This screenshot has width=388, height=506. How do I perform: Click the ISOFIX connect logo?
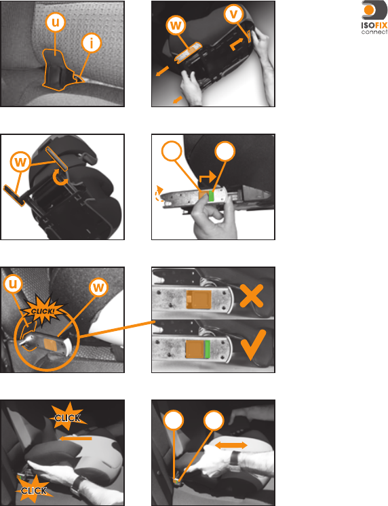[374, 18]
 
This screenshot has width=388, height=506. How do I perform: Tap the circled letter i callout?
[92, 43]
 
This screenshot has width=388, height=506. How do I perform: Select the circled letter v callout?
[234, 14]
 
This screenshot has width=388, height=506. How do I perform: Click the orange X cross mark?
[252, 296]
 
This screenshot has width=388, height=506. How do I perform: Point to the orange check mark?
[254, 345]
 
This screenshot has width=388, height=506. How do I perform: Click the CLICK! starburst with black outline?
[43, 311]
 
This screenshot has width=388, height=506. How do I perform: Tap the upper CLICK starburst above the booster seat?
[68, 418]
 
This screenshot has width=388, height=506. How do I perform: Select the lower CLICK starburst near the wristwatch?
[34, 490]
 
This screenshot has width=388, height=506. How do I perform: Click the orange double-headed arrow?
[231, 446]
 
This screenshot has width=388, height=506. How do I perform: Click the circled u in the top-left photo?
[56, 22]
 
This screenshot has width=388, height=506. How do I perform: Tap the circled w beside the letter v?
[176, 25]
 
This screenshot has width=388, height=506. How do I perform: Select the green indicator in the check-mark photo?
[208, 349]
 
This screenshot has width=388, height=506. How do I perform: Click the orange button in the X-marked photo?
[199, 299]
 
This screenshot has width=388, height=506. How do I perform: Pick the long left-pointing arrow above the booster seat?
[76, 438]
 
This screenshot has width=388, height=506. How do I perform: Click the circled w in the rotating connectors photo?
[20, 161]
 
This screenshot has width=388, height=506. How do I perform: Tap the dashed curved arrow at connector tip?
[159, 193]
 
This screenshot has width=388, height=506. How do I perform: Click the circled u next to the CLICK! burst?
[13, 284]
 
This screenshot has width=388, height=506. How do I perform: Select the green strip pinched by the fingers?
[211, 196]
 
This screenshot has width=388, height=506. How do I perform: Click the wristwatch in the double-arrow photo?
[235, 459]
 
